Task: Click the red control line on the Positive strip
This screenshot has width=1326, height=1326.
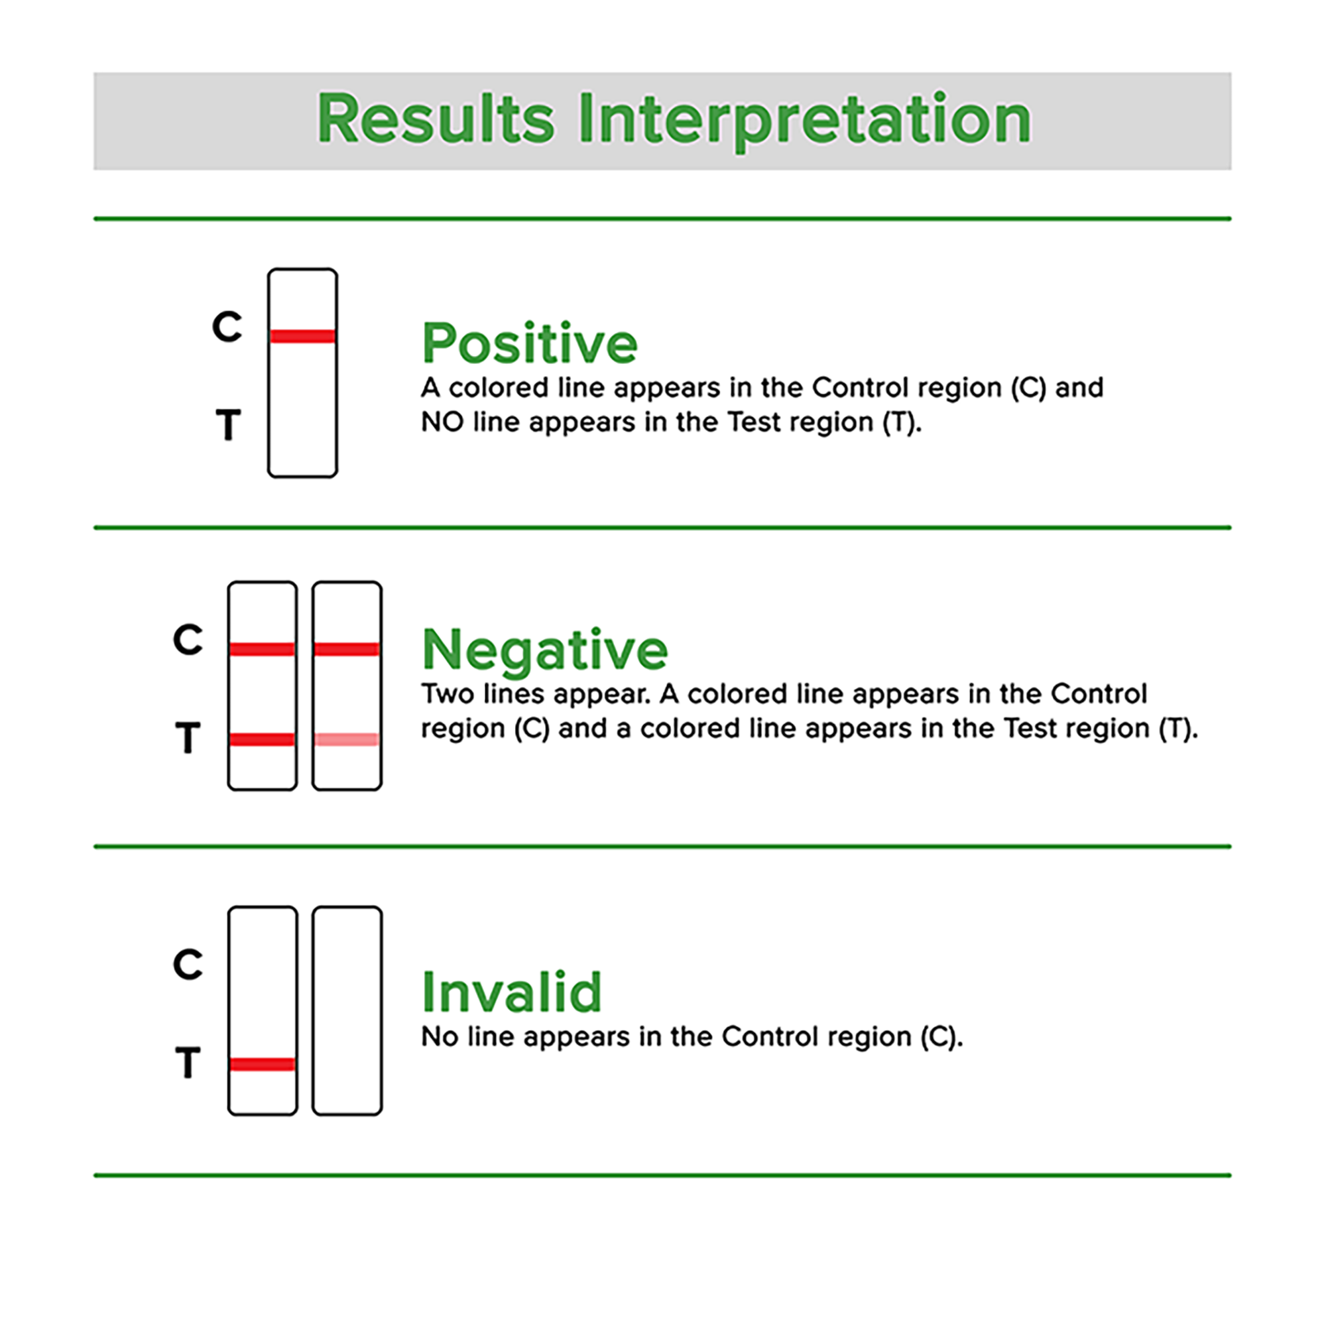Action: pos(303,335)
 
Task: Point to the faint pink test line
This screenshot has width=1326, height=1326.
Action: pos(347,739)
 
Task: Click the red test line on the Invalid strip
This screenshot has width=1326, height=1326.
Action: pos(262,1064)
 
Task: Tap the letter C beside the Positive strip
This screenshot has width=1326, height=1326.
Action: pos(227,326)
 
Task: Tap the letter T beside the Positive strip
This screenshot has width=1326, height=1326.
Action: pos(229,425)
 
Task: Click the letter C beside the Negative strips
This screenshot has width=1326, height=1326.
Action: pos(188,639)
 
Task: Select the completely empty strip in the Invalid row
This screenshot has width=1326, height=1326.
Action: pos(347,1010)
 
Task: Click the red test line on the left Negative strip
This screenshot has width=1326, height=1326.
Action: pos(262,739)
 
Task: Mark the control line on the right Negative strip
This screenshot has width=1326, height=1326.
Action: pos(347,648)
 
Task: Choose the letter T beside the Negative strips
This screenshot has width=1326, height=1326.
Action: pos(188,738)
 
